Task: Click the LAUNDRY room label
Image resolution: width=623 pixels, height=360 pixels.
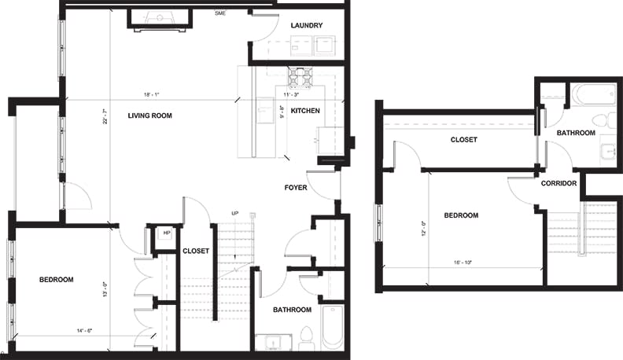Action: [x=306, y=26]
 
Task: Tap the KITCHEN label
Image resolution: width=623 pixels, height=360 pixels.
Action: [x=305, y=111]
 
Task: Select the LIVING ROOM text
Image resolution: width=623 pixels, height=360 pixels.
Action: [x=149, y=116]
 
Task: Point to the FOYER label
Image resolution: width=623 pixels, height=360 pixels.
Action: [x=296, y=188]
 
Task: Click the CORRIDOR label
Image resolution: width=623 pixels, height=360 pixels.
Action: [x=559, y=184]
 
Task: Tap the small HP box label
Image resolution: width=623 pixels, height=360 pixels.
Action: [x=166, y=233]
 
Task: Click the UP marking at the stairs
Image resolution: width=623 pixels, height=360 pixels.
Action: [x=234, y=214]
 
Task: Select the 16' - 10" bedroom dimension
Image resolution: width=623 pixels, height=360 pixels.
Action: [x=463, y=263]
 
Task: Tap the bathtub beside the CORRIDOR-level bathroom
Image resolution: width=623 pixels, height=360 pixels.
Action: [x=594, y=94]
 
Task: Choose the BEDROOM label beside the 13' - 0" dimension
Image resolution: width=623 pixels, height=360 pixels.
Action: [x=57, y=280]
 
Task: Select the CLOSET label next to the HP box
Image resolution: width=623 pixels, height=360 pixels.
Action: [x=196, y=252]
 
